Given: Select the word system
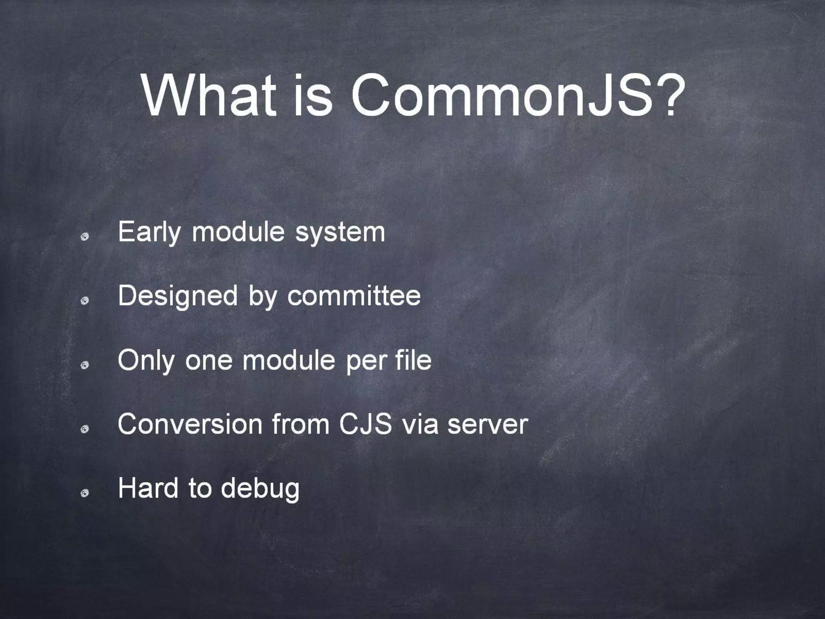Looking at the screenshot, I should point(340,233).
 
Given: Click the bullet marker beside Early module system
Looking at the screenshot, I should point(85,237).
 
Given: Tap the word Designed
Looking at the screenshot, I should point(178,296).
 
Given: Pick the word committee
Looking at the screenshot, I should point(354,296).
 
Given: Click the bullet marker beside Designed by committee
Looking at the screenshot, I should point(85,301).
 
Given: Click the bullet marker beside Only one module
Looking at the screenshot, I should point(85,365).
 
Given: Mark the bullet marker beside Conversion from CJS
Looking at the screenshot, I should point(85,430).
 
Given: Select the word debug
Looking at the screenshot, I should point(260,489).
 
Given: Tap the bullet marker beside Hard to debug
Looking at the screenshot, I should point(85,494).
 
